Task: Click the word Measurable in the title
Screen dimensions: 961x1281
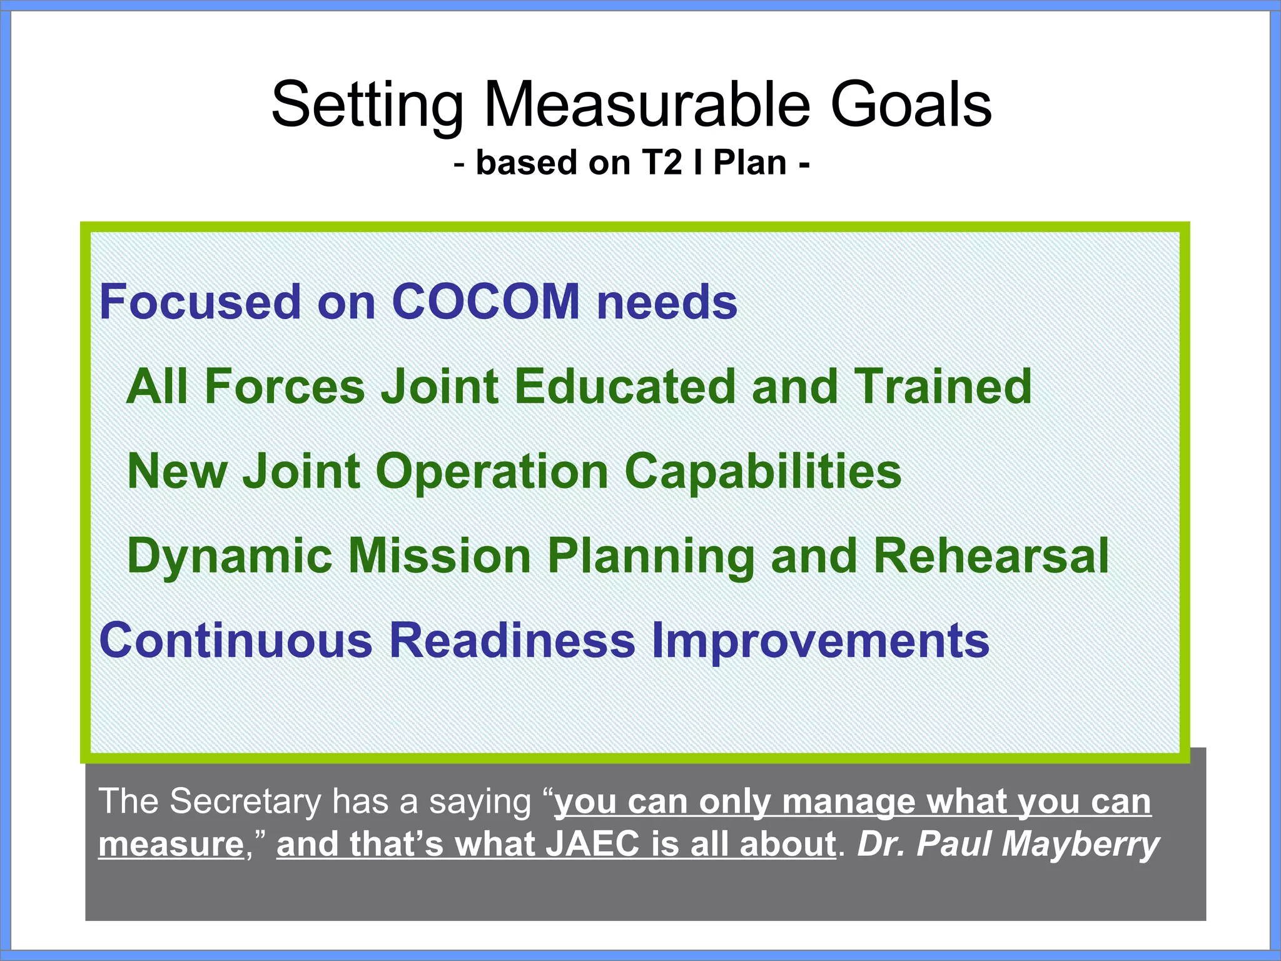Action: coord(647,104)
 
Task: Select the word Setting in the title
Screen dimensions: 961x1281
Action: coord(367,105)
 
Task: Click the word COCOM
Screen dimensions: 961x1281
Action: coord(485,302)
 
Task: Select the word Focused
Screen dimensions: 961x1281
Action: coord(200,302)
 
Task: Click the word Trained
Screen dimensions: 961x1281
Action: coord(943,386)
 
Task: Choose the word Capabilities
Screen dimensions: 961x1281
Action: coord(763,471)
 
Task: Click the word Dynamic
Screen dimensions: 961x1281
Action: coord(229,557)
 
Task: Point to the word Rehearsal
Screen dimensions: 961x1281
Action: coord(991,556)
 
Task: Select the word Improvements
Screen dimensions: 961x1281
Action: coord(820,641)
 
